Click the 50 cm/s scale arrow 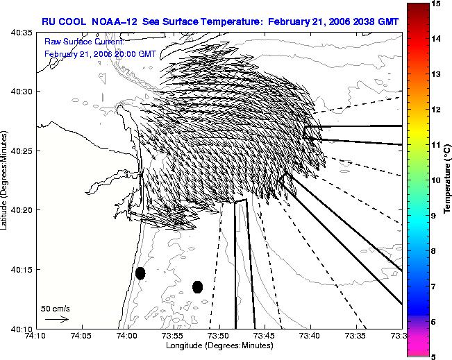(x=57, y=319)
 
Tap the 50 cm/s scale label (x=56, y=309)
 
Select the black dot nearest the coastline (x=140, y=273)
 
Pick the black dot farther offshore (x=197, y=287)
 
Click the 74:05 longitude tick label (x=82, y=336)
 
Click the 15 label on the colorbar (x=435, y=3)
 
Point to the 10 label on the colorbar (x=435, y=180)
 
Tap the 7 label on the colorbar (x=433, y=286)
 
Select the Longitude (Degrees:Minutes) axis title (x=219, y=345)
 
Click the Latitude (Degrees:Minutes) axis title (x=3, y=180)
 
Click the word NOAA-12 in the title (x=114, y=22)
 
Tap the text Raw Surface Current (x=84, y=42)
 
